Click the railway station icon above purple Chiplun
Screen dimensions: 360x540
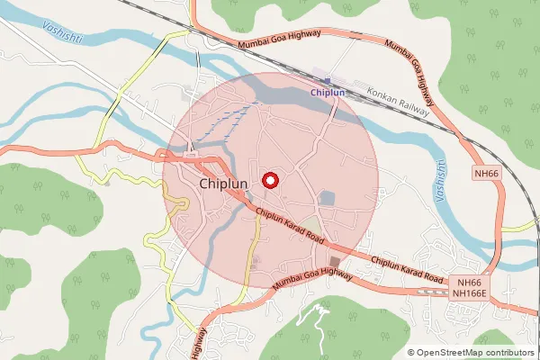[328, 80]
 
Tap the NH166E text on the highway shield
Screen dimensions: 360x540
[469, 293]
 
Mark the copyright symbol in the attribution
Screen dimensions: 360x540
[411, 352]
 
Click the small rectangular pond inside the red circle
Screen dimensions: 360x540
[327, 197]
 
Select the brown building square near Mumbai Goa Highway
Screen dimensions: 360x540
[336, 262]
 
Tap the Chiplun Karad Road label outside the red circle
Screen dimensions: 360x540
[407, 270]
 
